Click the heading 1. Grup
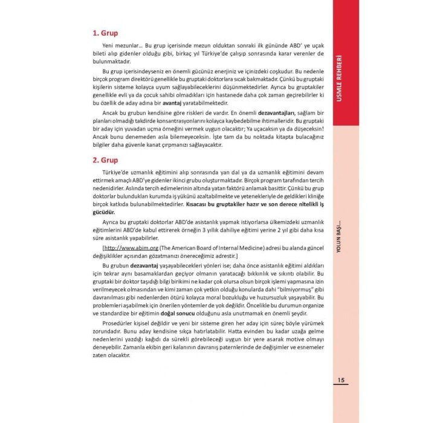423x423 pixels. (105, 33)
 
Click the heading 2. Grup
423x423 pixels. (105, 161)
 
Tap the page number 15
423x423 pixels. (341, 380)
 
